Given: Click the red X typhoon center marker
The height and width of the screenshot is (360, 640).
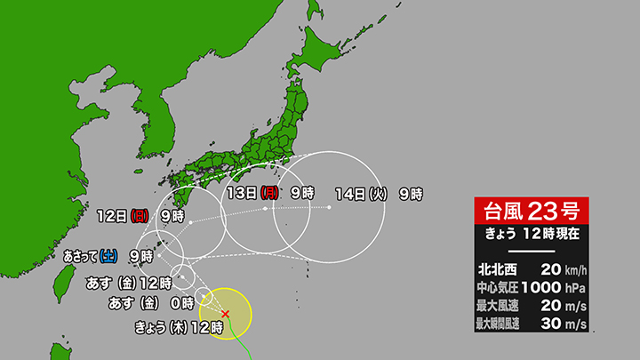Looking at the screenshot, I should pos(225,313).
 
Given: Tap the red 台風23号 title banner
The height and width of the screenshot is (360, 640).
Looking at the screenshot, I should pos(530,212).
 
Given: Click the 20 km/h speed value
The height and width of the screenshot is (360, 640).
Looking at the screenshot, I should pos(562,268).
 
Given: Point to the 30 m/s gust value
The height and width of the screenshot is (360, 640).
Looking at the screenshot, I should pos(562,324).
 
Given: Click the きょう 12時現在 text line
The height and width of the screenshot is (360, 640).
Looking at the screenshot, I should pos(530,234).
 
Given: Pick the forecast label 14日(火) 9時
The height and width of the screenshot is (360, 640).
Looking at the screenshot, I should pos(379,193).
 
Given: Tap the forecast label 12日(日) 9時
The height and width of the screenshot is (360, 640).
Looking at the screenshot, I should pos(141,214).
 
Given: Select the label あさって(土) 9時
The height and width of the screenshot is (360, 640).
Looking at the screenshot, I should pos(108,256).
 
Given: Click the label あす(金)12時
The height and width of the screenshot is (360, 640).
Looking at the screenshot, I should pos(128,282).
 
